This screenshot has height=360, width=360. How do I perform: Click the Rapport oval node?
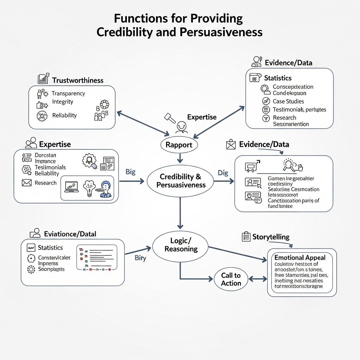click(x=179, y=145)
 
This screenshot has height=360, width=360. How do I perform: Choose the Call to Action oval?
click(x=231, y=279)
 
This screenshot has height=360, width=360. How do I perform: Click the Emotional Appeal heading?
click(x=300, y=258)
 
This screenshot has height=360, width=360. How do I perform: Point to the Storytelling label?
click(x=271, y=237)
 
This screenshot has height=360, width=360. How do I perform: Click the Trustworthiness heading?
click(x=78, y=81)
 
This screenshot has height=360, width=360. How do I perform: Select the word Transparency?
click(x=68, y=94)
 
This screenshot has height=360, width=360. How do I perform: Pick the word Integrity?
click(x=63, y=102)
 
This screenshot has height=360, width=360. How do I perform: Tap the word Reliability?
click(x=64, y=115)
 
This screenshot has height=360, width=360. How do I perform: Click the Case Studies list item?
click(x=288, y=101)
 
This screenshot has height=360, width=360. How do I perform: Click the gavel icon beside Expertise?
click(x=170, y=117)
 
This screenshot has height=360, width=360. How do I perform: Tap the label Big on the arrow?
click(x=130, y=172)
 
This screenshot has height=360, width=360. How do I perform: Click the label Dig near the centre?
click(x=223, y=173)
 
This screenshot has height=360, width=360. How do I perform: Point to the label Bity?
click(x=140, y=258)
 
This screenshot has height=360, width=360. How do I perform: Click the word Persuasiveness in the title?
click(x=221, y=32)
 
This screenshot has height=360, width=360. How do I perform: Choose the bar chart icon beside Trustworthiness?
click(x=43, y=79)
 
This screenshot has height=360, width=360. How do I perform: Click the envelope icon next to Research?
click(x=27, y=183)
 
